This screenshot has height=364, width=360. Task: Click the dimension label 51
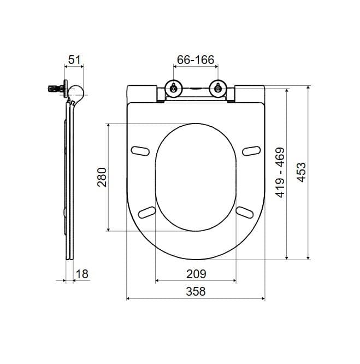click(x=74, y=60)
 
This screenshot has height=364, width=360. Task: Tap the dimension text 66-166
click(x=196, y=60)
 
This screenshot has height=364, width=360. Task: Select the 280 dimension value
click(x=102, y=177)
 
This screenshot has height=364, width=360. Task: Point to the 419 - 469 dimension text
click(x=280, y=172)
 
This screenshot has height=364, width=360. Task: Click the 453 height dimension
click(x=302, y=172)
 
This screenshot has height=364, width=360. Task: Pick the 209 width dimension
click(x=196, y=274)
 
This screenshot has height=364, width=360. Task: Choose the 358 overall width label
click(x=196, y=291)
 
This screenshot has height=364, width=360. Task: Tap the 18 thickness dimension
click(x=82, y=274)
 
